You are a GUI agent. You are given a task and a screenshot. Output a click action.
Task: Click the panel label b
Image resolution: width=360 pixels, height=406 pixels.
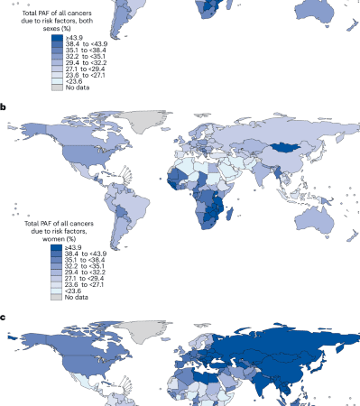pyautogui.click(x=4, y=106)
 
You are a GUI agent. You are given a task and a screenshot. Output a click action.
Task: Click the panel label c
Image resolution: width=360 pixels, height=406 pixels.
pyautogui.click(x=4, y=318)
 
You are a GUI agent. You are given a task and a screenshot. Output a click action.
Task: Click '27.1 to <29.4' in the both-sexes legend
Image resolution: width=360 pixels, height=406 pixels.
pyautogui.click(x=87, y=67)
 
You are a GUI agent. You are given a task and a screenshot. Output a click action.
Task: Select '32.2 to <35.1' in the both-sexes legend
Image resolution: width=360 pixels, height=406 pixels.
pyautogui.click(x=87, y=52)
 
